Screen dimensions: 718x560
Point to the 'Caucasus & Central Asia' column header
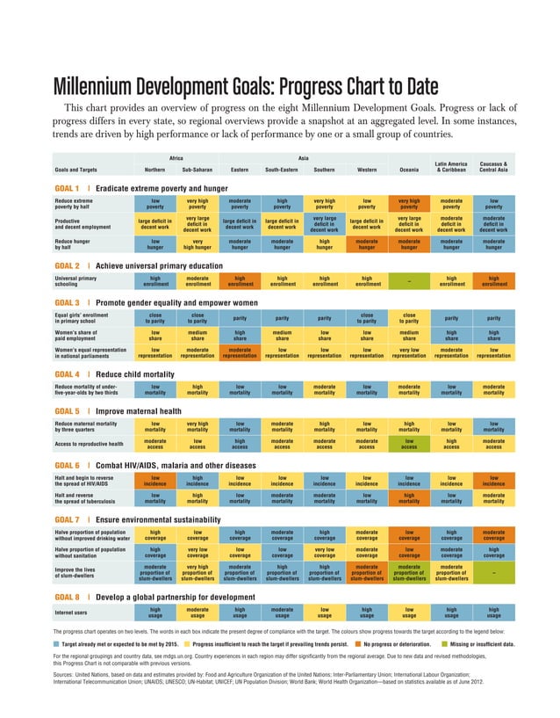[x=494, y=165]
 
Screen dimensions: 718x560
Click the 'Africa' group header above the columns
[x=176, y=156]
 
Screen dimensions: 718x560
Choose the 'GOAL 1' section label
[x=67, y=188]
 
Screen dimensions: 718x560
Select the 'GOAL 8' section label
[x=67, y=597]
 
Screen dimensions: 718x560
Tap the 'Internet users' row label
[x=75, y=613]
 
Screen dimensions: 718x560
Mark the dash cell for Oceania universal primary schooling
[x=409, y=281]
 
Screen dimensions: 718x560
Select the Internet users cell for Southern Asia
[x=325, y=613]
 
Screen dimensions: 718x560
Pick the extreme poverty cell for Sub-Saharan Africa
[x=197, y=204]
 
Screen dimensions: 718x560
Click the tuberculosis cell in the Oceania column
[x=409, y=499]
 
